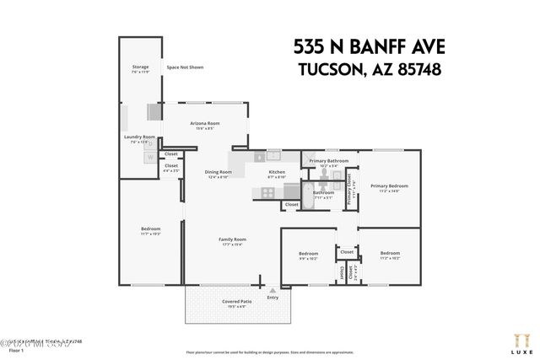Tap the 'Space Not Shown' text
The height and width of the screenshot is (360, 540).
coord(185,67)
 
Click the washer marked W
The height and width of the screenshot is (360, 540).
coord(151,157)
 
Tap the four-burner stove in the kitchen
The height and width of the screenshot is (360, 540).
coord(267,191)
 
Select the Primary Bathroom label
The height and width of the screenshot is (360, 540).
coord(328,161)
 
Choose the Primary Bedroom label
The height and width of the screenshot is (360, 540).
coord(389,187)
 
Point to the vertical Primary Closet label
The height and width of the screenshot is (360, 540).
coord(349,190)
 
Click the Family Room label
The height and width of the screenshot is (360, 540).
coord(232,241)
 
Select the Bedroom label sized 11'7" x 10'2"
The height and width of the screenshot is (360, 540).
coord(150,230)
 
